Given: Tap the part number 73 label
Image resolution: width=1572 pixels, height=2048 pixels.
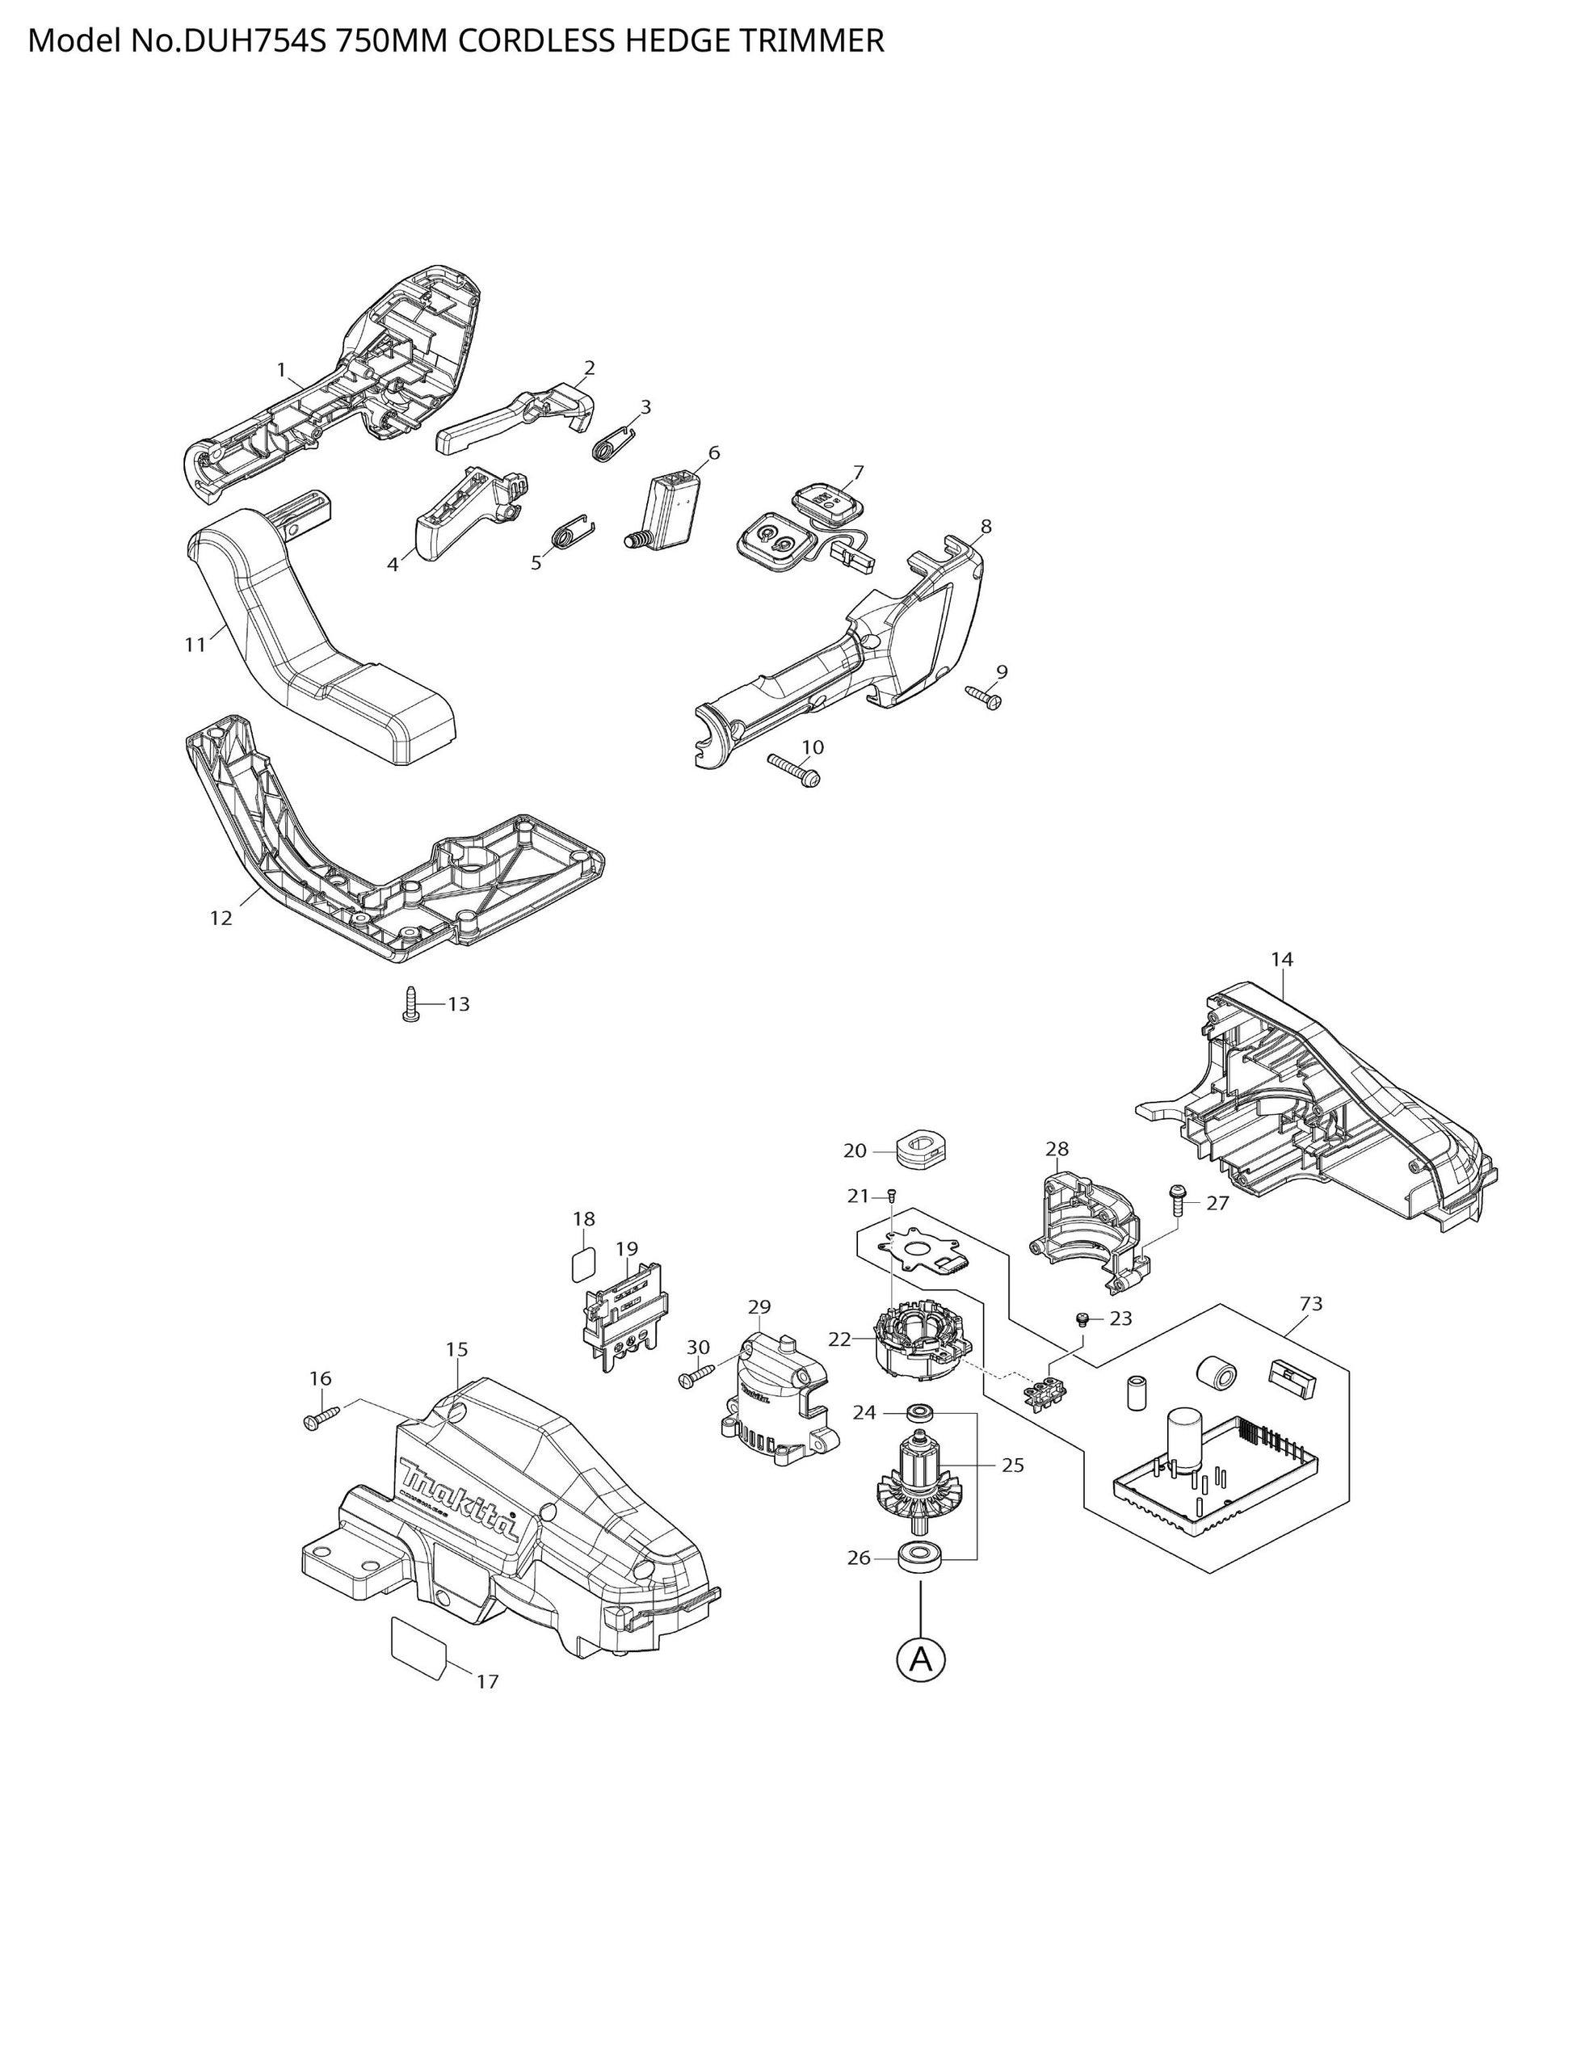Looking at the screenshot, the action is point(1311,1303).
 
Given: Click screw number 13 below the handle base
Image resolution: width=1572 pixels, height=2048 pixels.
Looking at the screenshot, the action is point(410,1004).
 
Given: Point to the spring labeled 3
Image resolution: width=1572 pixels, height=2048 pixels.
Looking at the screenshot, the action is point(615,443).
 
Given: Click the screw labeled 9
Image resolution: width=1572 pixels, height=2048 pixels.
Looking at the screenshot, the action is point(983,696).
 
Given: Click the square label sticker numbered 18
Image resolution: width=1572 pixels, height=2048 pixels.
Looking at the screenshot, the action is point(583,1267).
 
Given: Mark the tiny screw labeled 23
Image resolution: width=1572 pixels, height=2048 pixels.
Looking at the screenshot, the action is point(1082,1320).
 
